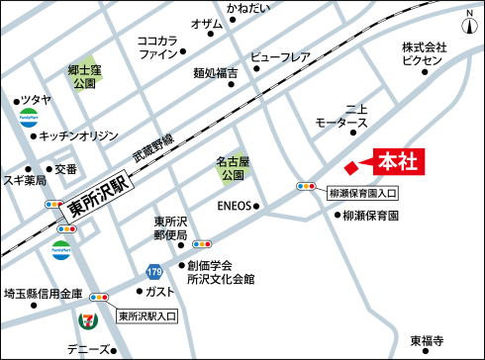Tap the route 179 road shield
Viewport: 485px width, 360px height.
point(153,270)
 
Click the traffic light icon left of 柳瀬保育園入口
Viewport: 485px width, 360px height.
point(306,186)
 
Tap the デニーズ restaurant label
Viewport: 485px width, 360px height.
point(89,349)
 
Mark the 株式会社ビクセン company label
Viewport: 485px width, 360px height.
point(425,53)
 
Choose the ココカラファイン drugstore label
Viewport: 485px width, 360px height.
point(157,47)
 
